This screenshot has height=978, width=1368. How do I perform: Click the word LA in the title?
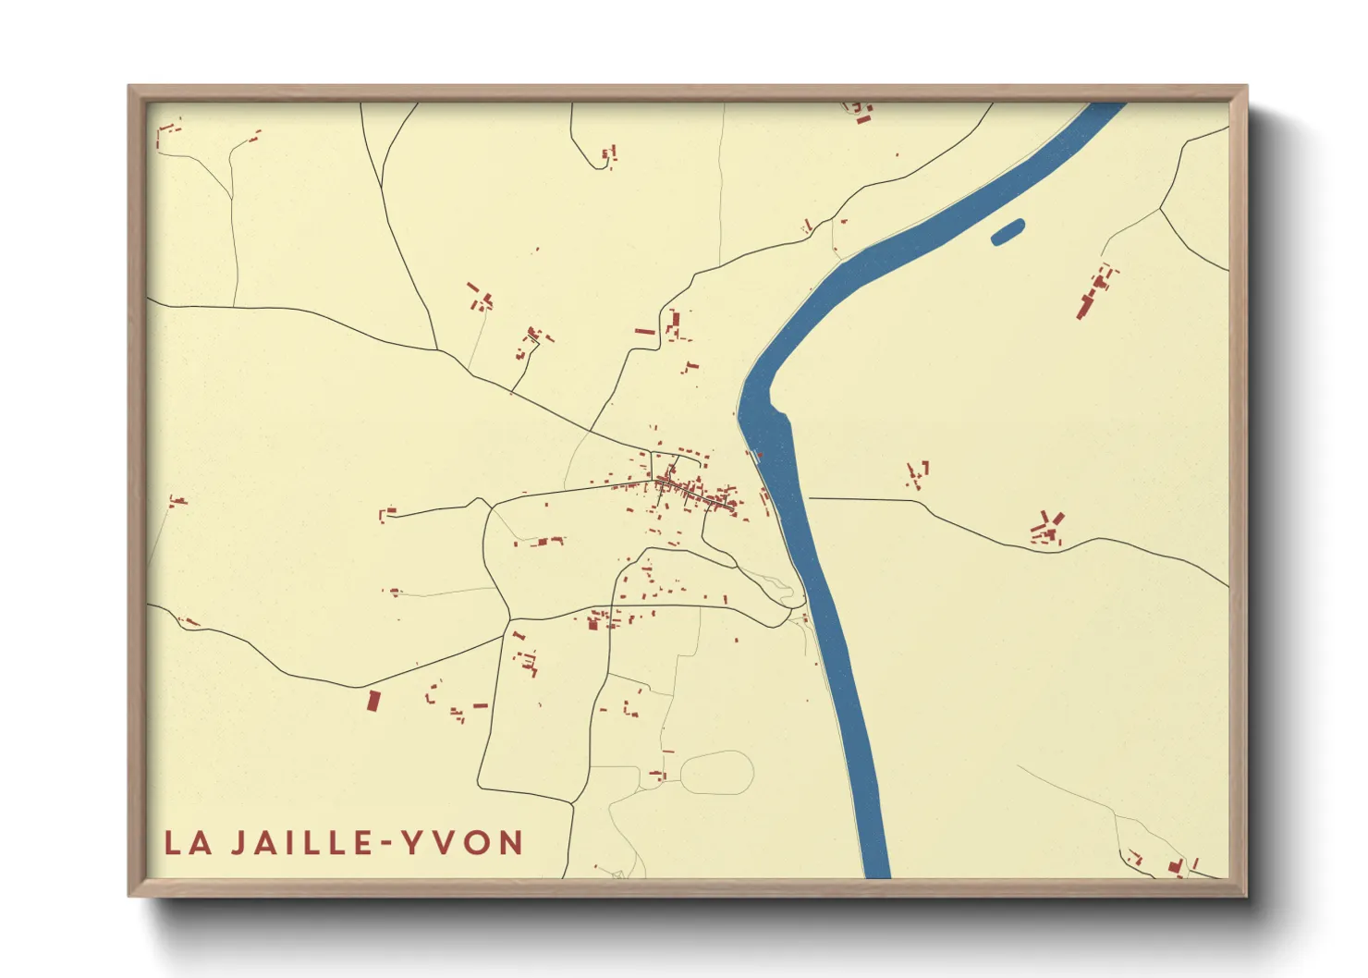coord(189,843)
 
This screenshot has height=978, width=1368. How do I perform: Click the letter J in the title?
coord(238,843)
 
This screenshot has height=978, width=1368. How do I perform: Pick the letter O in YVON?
coord(478,843)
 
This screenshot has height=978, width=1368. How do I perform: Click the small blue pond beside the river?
coord(1008,231)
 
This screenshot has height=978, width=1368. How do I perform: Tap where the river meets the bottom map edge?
coord(876,873)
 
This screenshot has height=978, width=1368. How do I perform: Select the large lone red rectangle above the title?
coord(373,700)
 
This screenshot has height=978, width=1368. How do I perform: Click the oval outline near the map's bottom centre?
coord(718,773)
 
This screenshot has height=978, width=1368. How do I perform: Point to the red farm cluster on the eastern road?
coord(1047,530)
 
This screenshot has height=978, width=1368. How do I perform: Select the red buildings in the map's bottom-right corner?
coord(1174,866)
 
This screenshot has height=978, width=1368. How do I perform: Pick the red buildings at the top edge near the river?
coord(861,113)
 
